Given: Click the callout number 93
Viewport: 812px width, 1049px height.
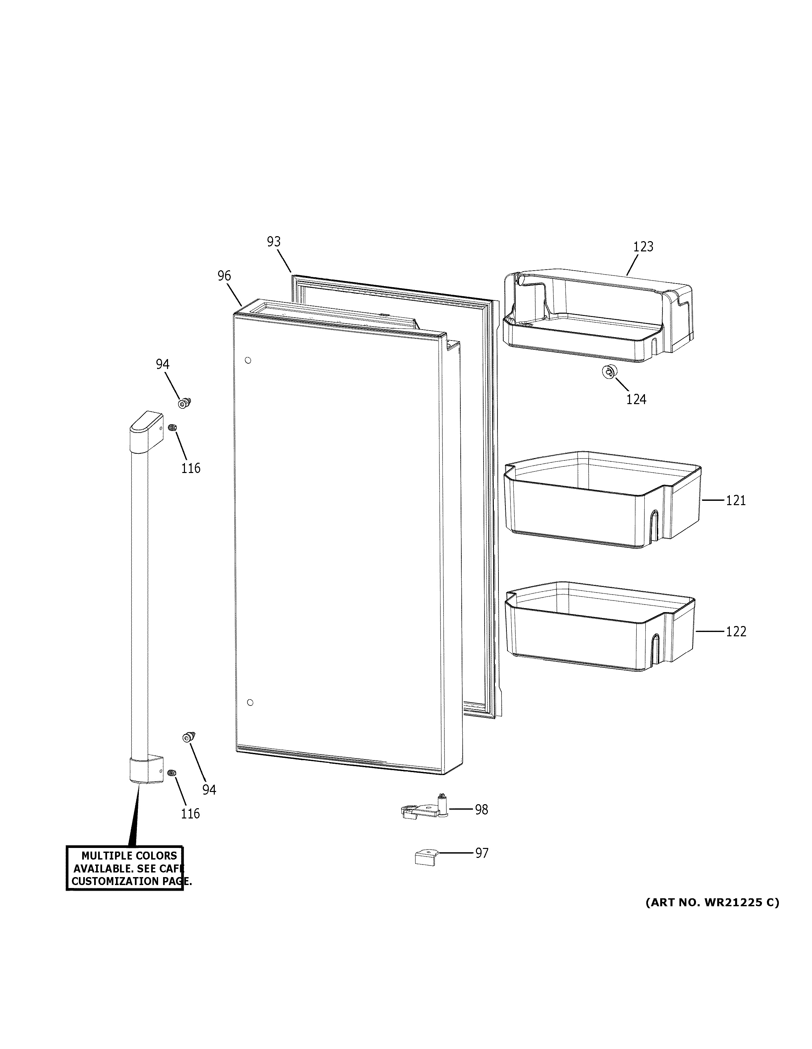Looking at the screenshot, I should click(273, 241).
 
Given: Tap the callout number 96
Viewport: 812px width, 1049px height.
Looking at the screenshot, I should click(224, 276).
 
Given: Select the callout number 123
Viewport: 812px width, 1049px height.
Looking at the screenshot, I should click(643, 247).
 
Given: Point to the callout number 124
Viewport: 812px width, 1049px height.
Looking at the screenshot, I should click(636, 399).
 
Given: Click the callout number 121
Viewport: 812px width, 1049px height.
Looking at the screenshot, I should click(735, 500).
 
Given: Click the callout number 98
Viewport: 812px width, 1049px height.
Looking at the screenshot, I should click(482, 810).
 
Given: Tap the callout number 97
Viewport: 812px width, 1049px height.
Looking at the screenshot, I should click(482, 853).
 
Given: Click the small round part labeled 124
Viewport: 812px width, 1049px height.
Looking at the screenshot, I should click(609, 372).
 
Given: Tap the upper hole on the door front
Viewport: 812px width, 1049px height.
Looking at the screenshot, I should click(248, 360).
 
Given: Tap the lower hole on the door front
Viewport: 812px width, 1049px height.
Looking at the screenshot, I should click(249, 703).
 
